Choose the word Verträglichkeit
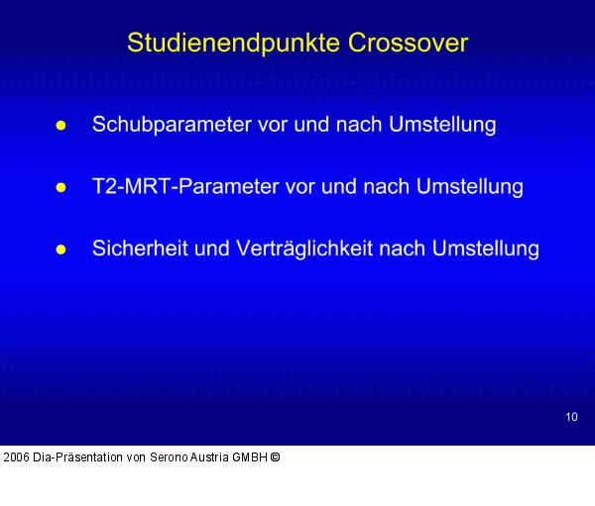pos(298,249)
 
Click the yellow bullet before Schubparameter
pos(60,127)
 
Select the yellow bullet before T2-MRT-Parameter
pos(60,188)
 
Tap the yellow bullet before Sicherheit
pos(60,250)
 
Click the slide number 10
pos(571,417)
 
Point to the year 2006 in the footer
pos(15,457)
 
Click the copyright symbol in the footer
pos(275,457)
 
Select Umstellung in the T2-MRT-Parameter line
pos(470,187)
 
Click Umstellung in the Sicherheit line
pos(485,249)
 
